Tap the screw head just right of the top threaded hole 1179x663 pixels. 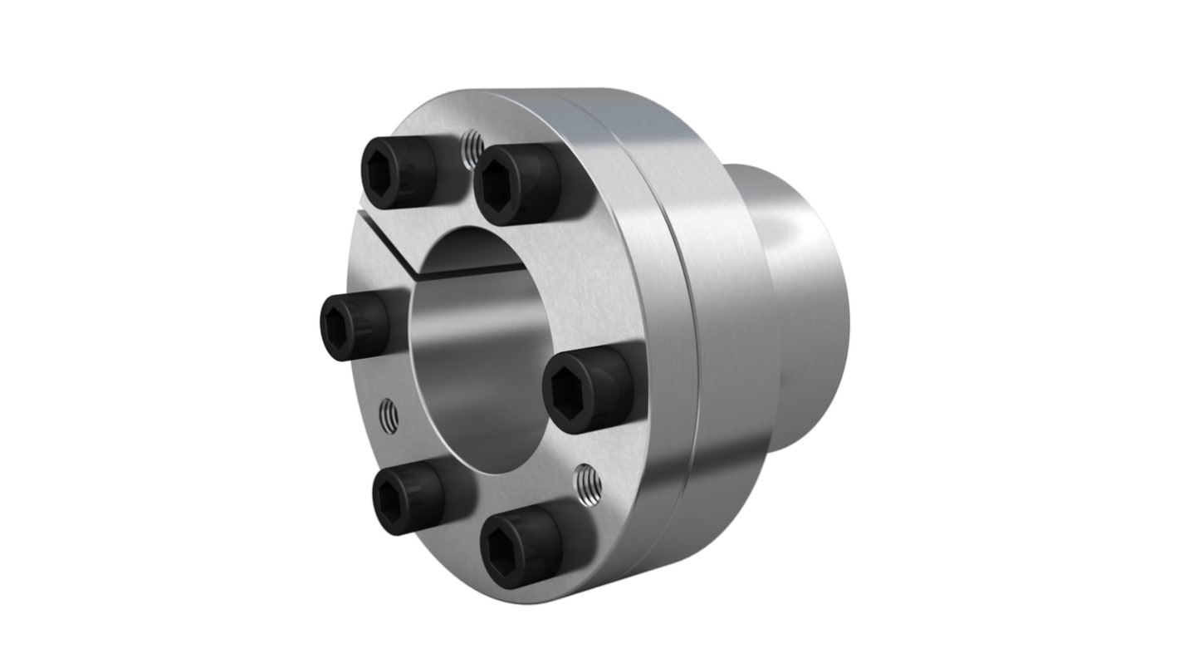[516, 183]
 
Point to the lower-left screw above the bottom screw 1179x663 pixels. [408, 498]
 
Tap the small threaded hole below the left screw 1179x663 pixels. [389, 415]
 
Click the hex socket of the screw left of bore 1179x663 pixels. [340, 328]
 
